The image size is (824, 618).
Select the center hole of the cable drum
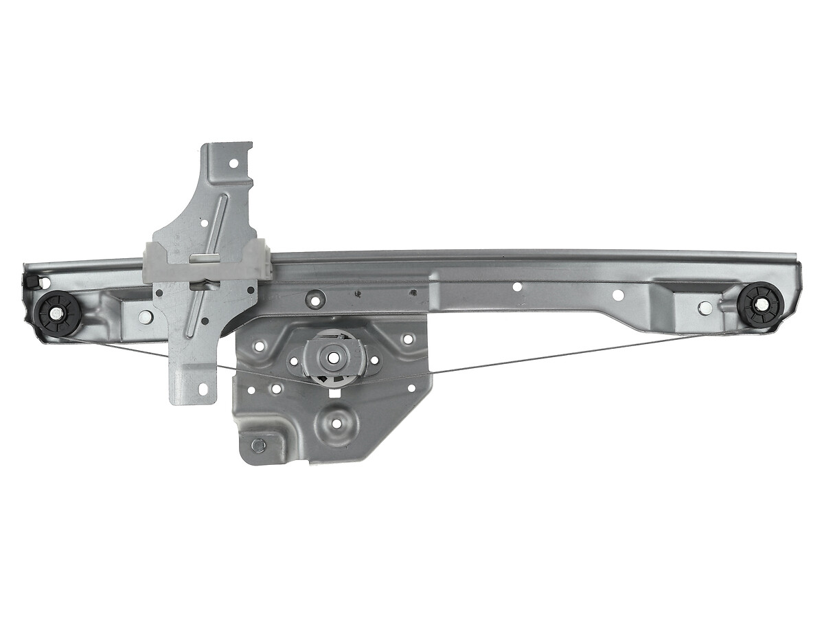[x=334, y=358]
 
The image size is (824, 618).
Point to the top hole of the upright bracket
[x=233, y=163]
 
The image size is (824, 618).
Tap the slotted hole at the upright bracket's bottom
[x=203, y=389]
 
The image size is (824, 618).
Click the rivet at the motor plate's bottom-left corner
[x=257, y=444]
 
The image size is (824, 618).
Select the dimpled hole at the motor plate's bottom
[x=336, y=422]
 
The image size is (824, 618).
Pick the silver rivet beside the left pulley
[x=145, y=317]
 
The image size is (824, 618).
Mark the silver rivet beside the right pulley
[x=705, y=308]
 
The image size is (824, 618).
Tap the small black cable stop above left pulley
[x=32, y=282]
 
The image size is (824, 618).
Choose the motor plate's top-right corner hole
[x=408, y=339]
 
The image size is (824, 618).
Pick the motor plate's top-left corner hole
[x=259, y=346]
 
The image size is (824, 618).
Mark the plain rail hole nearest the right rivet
[x=618, y=295]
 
